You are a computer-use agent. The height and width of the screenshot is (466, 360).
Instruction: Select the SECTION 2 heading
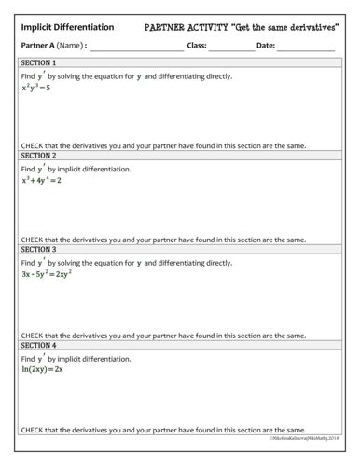point(38,156)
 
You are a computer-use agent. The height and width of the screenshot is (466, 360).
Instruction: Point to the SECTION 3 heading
point(38,250)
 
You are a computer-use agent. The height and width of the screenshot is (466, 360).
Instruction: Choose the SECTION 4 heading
point(38,345)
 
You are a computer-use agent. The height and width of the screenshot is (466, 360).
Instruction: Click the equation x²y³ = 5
point(39,89)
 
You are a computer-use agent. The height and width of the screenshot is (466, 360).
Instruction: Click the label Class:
point(197,46)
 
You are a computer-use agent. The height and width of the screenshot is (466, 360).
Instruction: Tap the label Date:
point(266,46)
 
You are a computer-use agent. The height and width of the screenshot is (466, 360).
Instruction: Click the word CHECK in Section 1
point(31,146)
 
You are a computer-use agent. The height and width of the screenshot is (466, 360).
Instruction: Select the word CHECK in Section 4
point(31,430)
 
